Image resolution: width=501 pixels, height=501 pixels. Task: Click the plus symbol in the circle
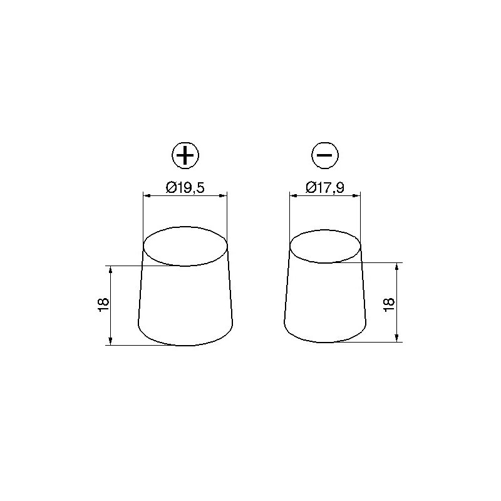[x=185, y=155]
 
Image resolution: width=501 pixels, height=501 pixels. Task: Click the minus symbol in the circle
[x=325, y=155]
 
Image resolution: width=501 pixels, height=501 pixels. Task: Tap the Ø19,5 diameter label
[x=185, y=187]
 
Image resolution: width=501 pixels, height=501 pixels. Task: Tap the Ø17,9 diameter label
[x=325, y=187]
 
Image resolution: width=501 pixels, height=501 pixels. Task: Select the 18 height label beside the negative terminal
[x=389, y=302]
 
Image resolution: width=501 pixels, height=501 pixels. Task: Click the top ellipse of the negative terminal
[x=326, y=245]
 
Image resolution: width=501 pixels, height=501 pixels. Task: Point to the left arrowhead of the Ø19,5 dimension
[x=146, y=196]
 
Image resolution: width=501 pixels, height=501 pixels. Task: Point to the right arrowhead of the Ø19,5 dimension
[x=224, y=196]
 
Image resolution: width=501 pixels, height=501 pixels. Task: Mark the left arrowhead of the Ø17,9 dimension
[x=292, y=196]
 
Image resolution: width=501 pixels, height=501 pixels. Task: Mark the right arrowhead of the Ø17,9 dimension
[x=359, y=196]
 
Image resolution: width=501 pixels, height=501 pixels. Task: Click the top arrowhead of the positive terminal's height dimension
[x=110, y=269]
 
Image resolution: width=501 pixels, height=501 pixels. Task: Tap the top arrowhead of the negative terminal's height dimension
[x=397, y=266]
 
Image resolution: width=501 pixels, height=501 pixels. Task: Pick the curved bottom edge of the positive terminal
[x=185, y=345]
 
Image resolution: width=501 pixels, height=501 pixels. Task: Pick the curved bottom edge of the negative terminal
[x=325, y=342]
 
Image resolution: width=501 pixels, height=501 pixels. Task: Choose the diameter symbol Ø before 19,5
[x=170, y=187]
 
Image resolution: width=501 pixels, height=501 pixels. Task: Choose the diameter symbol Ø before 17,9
[x=311, y=187]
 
